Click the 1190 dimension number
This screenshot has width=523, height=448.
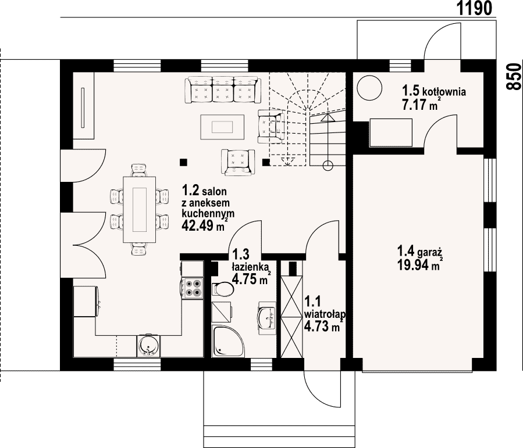click(474, 8)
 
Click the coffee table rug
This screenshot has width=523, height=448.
click(222, 127)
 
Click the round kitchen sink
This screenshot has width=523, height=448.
click(148, 346)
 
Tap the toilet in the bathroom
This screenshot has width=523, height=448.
click(223, 289)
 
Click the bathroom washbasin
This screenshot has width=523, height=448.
click(267, 318)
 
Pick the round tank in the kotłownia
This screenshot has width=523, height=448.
click(369, 88)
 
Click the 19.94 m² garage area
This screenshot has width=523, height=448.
click(420, 266)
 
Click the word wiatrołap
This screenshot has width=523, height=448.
click(325, 314)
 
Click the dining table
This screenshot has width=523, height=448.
click(140, 210)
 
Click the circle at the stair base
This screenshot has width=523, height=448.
click(328, 165)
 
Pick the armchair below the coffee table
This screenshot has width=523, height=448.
click(238, 162)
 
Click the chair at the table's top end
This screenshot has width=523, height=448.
click(140, 170)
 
